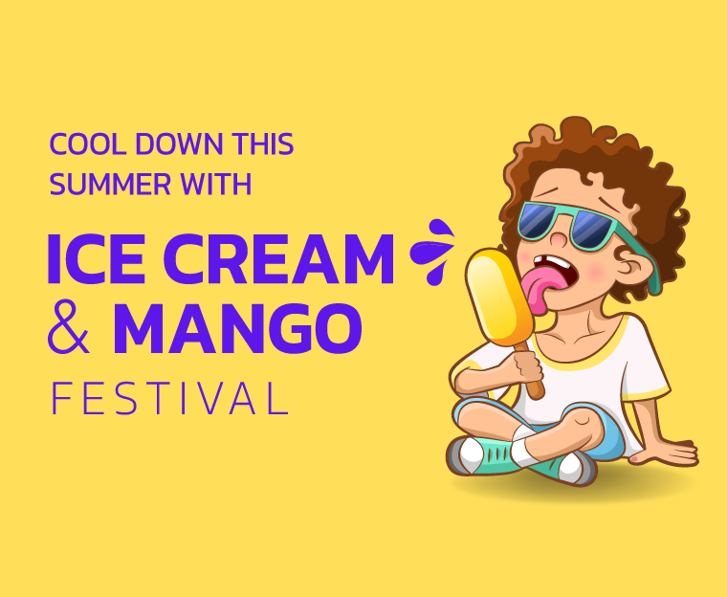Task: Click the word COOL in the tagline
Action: point(88,144)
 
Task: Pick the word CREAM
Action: point(278,258)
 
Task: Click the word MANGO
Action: point(237,328)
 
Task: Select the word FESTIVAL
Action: point(169,398)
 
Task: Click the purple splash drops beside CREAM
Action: point(432,252)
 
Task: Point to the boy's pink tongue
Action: point(539,286)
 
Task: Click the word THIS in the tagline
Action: point(263,144)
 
